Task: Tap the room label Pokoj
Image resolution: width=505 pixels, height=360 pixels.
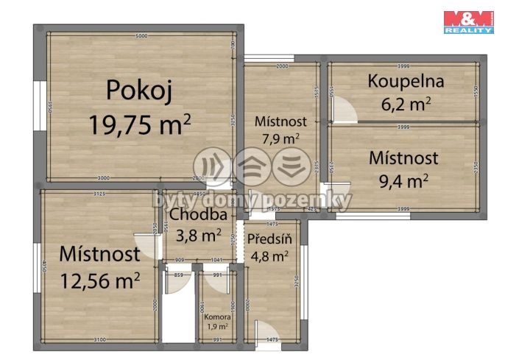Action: [139, 90]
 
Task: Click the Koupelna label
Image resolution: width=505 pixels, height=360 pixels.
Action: [403, 81]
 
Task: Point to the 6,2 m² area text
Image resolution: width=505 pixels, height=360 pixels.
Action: [403, 105]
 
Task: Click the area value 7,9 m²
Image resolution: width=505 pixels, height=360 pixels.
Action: [277, 138]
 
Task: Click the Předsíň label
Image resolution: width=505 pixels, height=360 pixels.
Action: [269, 239]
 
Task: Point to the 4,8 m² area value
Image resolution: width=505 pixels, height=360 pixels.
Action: [269, 257]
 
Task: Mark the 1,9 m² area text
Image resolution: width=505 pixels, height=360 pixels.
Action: [216, 327]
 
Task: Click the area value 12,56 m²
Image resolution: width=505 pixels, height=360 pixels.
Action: [99, 280]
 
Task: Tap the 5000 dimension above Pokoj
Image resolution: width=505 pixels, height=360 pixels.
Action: [142, 36]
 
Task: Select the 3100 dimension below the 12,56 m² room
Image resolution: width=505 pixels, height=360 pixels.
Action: [99, 339]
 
